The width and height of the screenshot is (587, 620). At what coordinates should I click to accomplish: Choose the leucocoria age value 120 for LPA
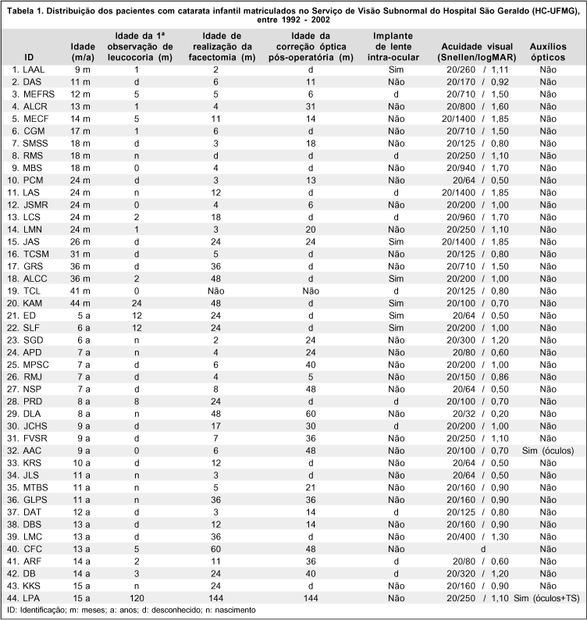137,597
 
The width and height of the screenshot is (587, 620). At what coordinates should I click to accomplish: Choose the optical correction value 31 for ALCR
310,106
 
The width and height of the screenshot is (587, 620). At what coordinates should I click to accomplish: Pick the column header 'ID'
30,57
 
